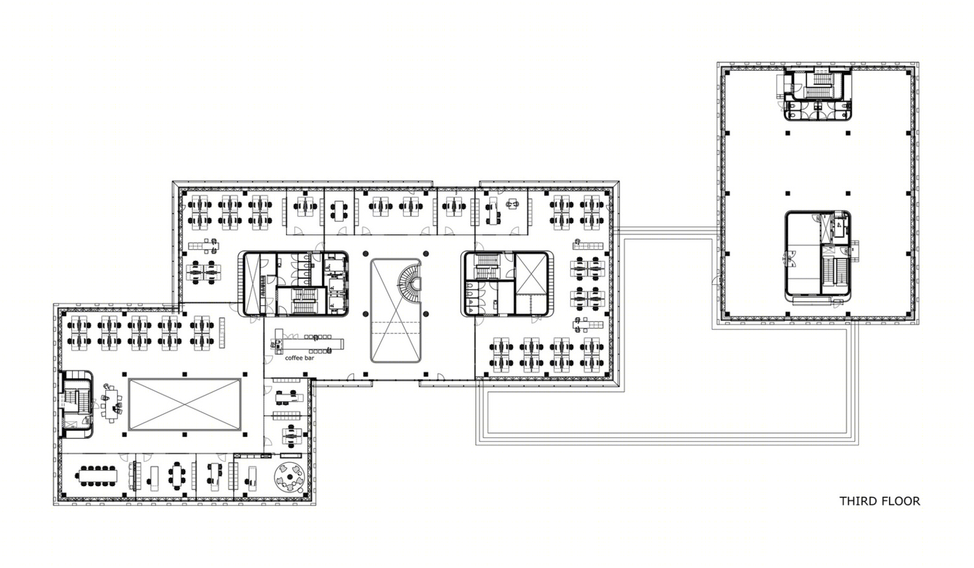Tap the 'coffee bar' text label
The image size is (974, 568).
click(299, 358)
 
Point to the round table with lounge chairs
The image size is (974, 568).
click(289, 478)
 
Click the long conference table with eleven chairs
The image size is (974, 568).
click(98, 476)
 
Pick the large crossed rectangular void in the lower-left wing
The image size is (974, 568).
click(184, 404)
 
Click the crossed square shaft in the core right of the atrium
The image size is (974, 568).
click(531, 274)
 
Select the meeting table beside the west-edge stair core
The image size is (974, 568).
click(112, 403)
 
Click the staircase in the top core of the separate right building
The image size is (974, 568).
click(819, 85)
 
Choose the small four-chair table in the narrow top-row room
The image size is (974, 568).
click(339, 210)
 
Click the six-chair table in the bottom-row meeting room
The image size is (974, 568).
click(177, 476)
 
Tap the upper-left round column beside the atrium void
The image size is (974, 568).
click(366, 254)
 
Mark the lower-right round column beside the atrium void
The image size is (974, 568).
click(426, 314)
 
